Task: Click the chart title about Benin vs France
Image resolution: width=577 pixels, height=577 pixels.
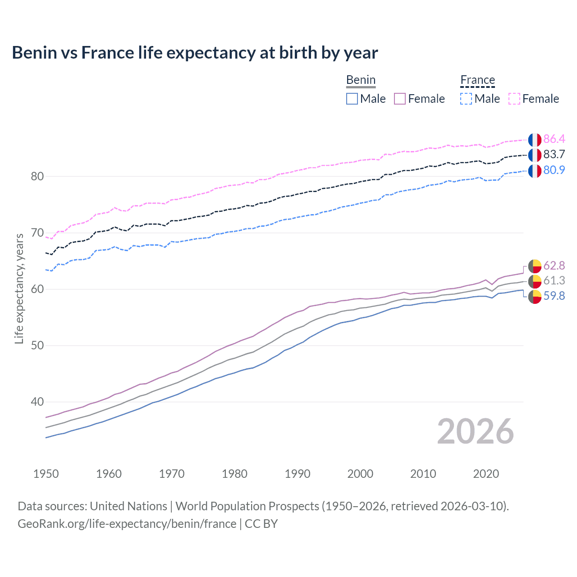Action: coord(195,53)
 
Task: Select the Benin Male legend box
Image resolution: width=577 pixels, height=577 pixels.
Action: coord(352,99)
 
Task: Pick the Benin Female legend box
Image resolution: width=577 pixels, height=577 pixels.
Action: coord(400,99)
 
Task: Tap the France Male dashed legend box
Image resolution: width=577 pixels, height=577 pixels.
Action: coord(466,99)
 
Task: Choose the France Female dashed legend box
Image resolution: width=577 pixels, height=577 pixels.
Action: coord(514,99)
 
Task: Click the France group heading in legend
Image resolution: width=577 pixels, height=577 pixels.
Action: coord(478,80)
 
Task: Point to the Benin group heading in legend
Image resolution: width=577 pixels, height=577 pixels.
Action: coord(361,80)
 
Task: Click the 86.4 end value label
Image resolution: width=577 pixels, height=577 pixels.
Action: coord(554,139)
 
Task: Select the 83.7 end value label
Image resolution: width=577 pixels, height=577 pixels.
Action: coord(554,155)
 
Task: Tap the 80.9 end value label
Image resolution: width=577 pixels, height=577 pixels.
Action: coord(554,170)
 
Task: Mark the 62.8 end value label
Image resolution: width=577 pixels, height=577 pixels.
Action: coord(554,266)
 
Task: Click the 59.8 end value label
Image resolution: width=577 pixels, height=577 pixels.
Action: coord(554,296)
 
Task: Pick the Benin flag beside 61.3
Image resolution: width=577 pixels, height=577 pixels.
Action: coord(535,281)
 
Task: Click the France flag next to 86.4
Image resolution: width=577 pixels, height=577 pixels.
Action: coord(535,140)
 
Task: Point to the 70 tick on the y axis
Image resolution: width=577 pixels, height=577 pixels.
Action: coord(37,233)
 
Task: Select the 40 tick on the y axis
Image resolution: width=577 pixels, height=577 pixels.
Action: coord(37,402)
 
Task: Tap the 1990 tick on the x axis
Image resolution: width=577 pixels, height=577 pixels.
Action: coord(298,474)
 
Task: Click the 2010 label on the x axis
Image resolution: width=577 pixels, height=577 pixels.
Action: coord(423,474)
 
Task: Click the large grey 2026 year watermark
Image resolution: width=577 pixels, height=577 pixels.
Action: coord(476,431)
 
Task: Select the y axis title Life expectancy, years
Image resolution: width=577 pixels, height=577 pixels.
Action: coord(19,288)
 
